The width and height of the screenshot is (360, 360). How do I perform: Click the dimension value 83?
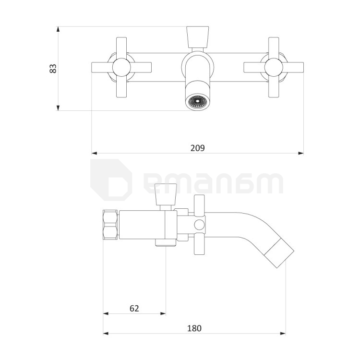point(53,68)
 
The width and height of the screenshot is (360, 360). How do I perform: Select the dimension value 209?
point(197,147)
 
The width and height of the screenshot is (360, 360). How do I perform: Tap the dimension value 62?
point(134,308)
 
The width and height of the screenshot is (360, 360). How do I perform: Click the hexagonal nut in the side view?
point(110,225)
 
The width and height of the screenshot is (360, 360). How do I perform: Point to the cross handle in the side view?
point(199,225)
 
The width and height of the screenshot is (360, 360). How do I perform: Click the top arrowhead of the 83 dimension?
point(59,29)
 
